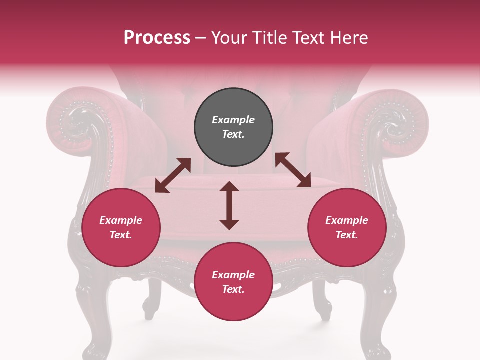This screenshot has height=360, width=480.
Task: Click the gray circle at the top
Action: [233, 127]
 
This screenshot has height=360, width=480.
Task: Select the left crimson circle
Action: [121, 227]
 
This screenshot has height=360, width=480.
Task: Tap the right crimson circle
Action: [347, 227]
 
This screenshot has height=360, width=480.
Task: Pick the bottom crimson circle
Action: [233, 282]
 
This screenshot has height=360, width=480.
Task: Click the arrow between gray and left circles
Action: [173, 175]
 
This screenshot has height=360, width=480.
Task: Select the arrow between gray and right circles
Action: [293, 170]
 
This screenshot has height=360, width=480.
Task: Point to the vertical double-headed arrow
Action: [229, 205]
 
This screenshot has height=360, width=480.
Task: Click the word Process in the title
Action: [157, 38]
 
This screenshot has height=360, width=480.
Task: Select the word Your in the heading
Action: [228, 38]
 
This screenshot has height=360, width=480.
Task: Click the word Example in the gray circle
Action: [233, 120]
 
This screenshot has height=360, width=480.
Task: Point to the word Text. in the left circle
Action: [121, 235]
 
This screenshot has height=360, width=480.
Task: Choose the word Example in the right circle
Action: [347, 220]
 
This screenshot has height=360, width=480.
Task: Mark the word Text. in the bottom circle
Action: [233, 289]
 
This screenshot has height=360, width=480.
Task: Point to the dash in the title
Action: [200, 38]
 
